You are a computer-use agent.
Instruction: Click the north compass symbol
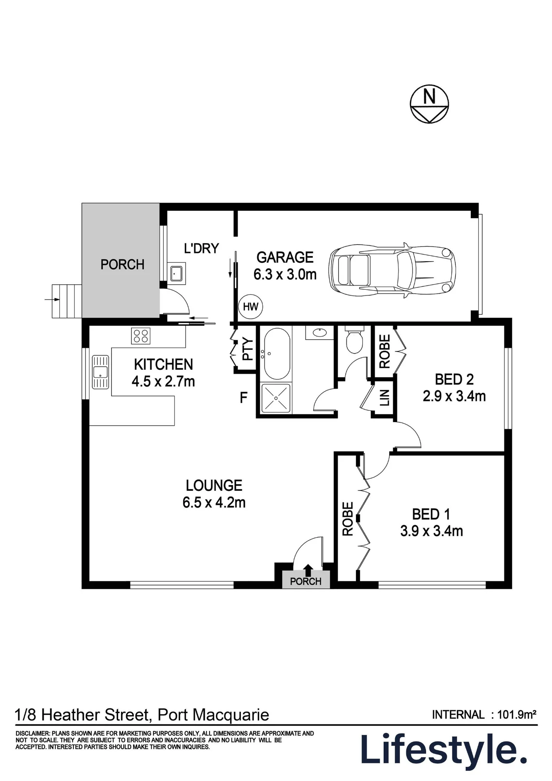429,104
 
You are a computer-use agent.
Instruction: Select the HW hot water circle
250,307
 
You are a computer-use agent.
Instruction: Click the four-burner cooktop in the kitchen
141,335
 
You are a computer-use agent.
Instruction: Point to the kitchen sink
100,372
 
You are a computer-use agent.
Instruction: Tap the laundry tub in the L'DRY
178,272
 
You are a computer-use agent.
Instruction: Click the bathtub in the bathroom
277,353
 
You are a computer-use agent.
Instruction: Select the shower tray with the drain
276,398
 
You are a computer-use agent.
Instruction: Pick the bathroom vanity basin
320,332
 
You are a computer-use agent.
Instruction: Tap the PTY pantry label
248,349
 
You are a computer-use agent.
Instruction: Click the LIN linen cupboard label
385,398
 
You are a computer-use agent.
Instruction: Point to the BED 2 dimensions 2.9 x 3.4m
454,396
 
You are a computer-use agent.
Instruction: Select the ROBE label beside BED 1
347,519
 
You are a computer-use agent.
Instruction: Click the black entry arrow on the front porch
308,570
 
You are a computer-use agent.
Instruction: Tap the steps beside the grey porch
67,301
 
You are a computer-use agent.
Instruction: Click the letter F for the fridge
244,398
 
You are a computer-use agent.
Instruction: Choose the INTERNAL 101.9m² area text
484,715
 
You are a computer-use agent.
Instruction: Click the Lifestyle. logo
444,750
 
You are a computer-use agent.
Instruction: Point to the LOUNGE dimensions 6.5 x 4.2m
214,502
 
